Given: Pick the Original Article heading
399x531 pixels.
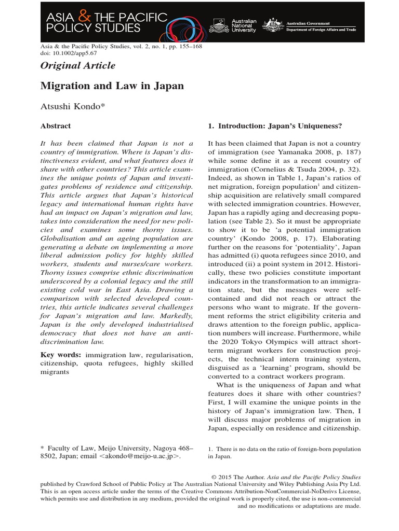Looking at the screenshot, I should [x=78, y=65].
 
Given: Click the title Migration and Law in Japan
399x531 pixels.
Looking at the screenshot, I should [x=112, y=86].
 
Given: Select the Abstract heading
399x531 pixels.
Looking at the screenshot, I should [x=56, y=126].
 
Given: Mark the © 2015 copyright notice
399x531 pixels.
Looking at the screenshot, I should [x=233, y=477].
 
